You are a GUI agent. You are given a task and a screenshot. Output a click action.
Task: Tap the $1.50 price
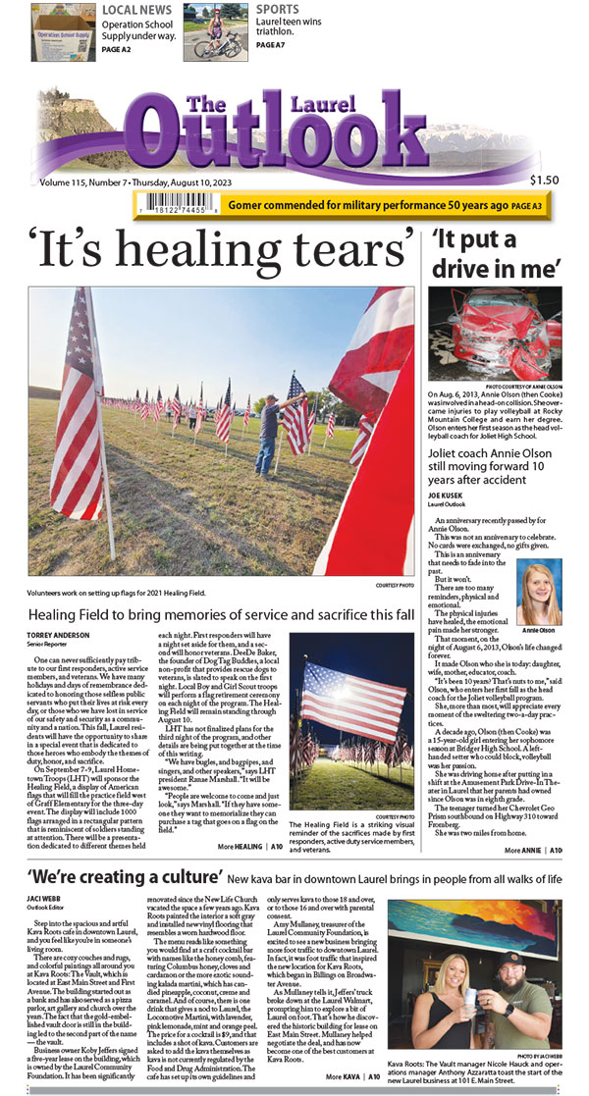[x=544, y=180]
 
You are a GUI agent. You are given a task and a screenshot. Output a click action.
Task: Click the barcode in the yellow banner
[x=178, y=206]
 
